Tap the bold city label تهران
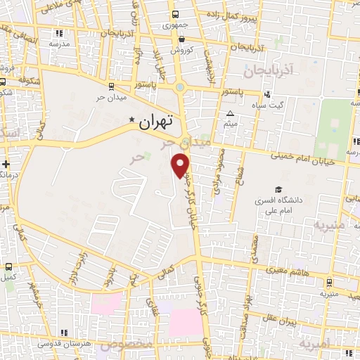pyautogui.click(x=155, y=121)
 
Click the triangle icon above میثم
pyautogui.click(x=230, y=114)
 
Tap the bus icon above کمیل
pyautogui.click(x=8, y=266)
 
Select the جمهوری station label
pyautogui.click(x=176, y=25)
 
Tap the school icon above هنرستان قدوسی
pyautogui.click(x=63, y=332)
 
